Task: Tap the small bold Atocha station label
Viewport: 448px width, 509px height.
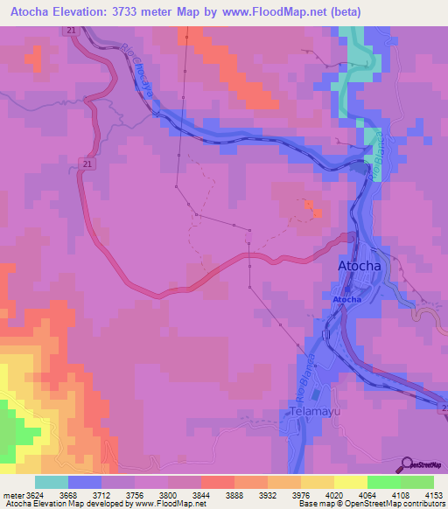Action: pos(346,300)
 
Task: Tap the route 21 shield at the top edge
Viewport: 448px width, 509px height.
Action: pos(69,31)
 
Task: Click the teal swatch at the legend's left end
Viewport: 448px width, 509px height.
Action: pos(52,482)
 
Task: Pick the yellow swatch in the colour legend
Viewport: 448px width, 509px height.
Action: pos(351,482)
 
